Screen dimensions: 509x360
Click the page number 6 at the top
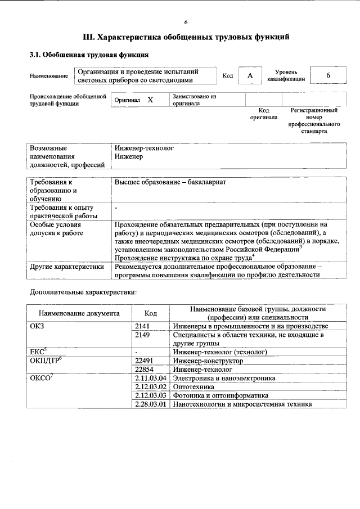point(186,22)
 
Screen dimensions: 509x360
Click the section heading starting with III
point(186,38)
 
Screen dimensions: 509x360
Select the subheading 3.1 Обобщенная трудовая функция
point(89,56)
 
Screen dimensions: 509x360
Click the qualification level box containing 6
point(328,76)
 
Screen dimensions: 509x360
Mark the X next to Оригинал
point(150,100)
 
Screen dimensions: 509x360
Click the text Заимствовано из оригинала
point(194,100)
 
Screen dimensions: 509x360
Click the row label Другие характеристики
point(67,267)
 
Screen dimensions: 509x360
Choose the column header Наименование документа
point(79,313)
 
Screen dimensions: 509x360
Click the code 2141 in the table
point(144,326)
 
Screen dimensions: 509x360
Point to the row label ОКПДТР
point(45,361)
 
